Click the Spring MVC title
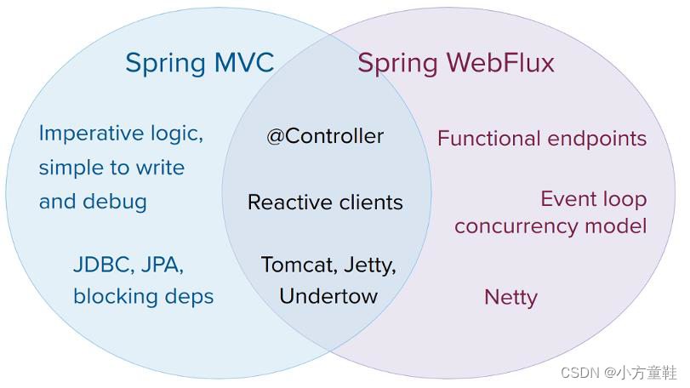click(x=199, y=63)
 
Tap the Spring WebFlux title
click(x=455, y=63)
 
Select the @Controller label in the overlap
click(x=325, y=136)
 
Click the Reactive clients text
click(x=325, y=203)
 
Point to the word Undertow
click(x=328, y=296)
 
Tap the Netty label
click(x=510, y=298)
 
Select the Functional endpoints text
click(x=542, y=139)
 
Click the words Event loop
click(x=594, y=199)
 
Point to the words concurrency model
click(x=550, y=226)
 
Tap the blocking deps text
click(x=143, y=296)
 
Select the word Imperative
click(x=92, y=134)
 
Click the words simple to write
click(x=111, y=168)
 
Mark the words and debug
click(x=93, y=202)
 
